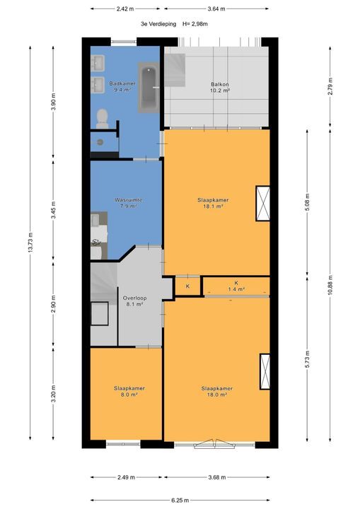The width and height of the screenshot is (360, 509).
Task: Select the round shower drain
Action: point(100,141)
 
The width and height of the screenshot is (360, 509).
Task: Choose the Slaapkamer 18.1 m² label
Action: point(211,203)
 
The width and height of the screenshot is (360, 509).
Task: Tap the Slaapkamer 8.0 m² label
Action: point(129,392)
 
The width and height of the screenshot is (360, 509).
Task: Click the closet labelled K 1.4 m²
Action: point(236,286)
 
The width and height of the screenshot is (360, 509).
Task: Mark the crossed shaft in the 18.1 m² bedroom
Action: point(263,204)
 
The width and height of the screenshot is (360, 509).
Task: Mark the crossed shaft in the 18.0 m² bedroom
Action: point(265,370)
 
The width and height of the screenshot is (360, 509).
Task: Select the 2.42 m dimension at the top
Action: point(127,9)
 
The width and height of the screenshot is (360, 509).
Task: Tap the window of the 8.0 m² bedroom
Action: point(123,444)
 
